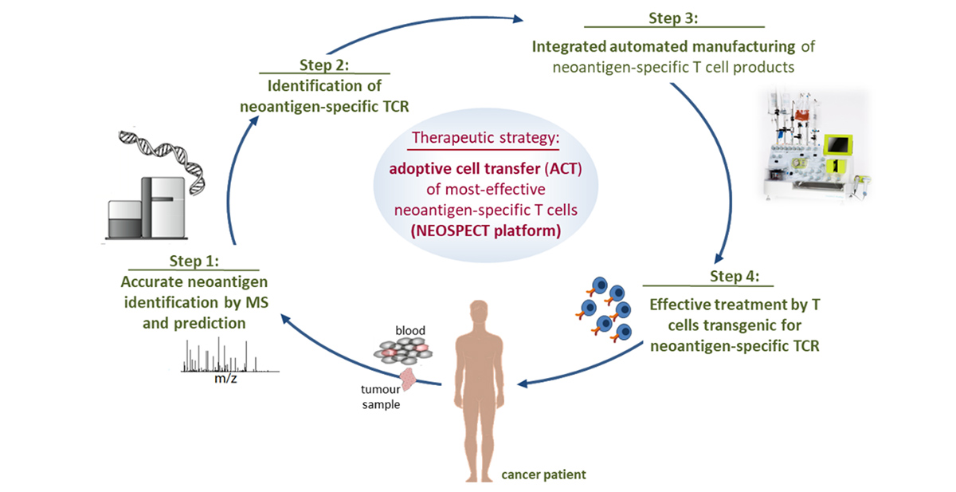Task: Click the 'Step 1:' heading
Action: click(200, 261)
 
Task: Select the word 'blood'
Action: click(410, 330)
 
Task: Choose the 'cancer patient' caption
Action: click(543, 475)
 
